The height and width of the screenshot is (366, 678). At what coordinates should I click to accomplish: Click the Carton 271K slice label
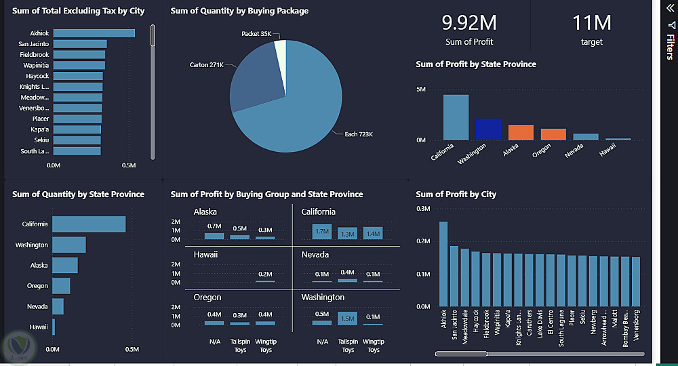(206, 65)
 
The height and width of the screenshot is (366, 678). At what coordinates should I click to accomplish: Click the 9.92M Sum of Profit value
(469, 23)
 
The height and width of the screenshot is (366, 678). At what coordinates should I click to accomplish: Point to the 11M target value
(591, 23)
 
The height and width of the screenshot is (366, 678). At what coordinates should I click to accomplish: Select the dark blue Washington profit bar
(488, 129)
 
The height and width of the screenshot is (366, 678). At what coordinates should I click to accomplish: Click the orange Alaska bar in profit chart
(521, 132)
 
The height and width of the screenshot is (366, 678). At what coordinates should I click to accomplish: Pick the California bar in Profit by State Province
(456, 117)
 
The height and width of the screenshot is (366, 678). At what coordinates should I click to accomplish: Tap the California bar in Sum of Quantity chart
(89, 224)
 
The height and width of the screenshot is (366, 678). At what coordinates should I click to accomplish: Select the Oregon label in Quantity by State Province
(37, 286)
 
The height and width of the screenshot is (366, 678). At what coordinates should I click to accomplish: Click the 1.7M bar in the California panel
(322, 232)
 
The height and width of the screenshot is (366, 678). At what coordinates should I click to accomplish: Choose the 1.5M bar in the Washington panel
(348, 318)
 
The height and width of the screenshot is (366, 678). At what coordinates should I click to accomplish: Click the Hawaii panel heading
(205, 255)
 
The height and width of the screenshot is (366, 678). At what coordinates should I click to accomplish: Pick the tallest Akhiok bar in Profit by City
(443, 264)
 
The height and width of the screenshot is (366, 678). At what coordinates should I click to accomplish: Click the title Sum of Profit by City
(456, 195)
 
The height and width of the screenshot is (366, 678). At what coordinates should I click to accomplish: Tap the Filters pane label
(670, 47)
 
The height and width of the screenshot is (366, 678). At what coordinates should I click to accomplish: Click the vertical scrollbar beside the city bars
(153, 37)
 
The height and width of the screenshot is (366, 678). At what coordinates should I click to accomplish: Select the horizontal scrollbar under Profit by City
(461, 353)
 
